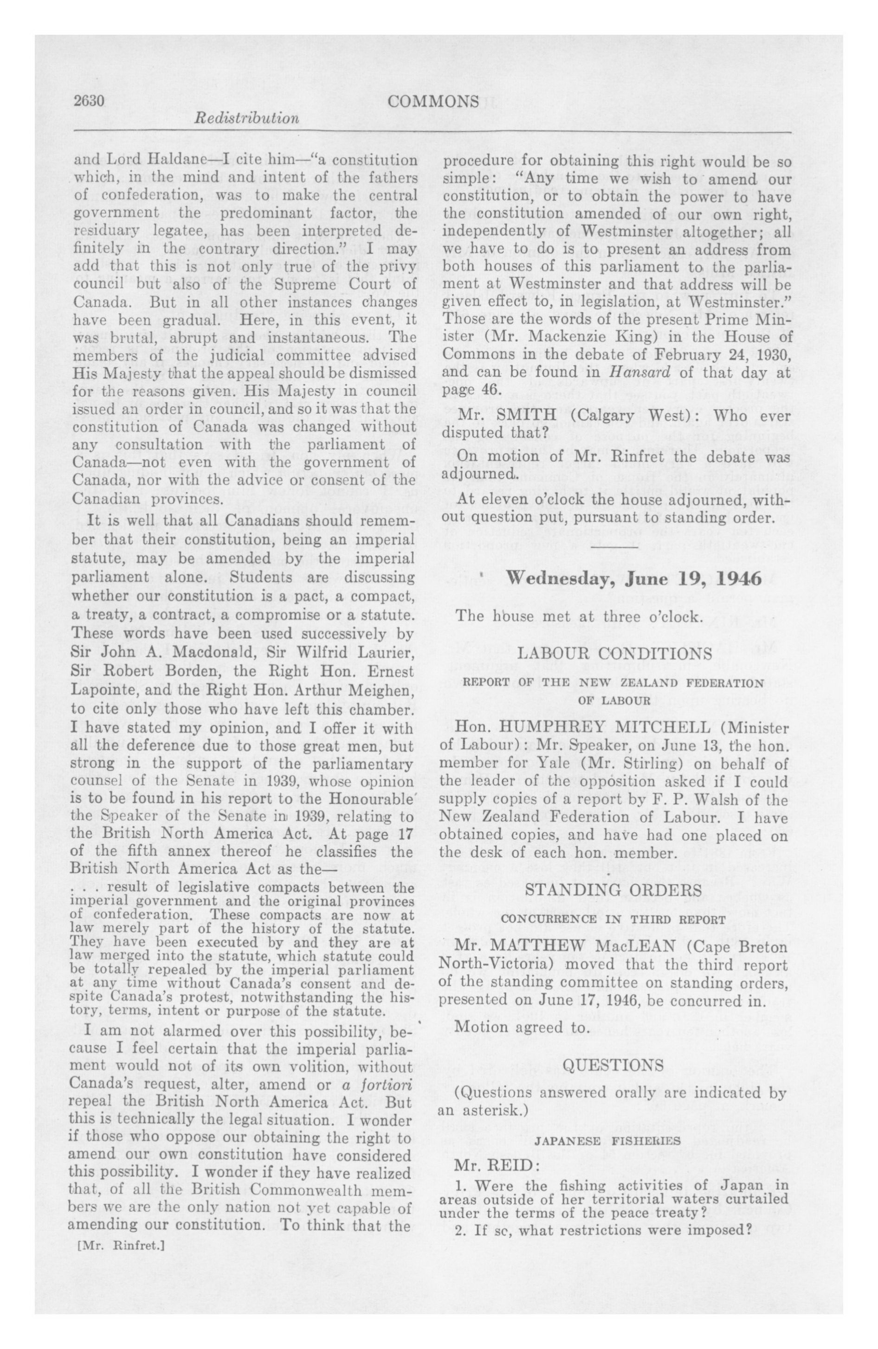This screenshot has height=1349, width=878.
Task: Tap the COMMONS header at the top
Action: [x=434, y=102]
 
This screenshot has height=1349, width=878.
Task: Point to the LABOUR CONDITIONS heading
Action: [x=615, y=654]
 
